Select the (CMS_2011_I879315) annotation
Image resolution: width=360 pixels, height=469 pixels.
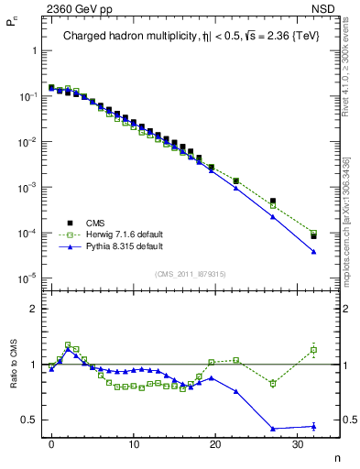click(190, 274)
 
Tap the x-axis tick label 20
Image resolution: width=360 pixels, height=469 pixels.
click(215, 443)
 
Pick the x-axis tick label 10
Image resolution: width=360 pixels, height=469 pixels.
click(134, 443)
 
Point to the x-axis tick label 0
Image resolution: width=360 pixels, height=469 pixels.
click(52, 443)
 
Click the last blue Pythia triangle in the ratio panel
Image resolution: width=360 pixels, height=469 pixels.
click(313, 426)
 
